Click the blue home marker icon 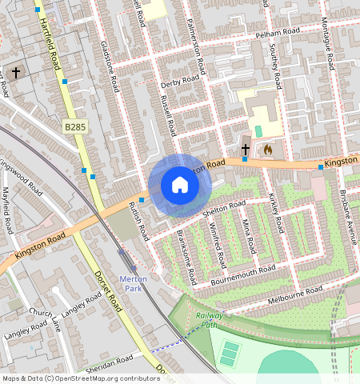pos(180,186)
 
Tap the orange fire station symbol pos(268,149)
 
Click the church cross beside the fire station pos(246,149)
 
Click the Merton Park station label pos(134,283)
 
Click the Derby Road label pos(179,81)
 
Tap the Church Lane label pos(45,318)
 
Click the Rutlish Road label pos(138,222)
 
